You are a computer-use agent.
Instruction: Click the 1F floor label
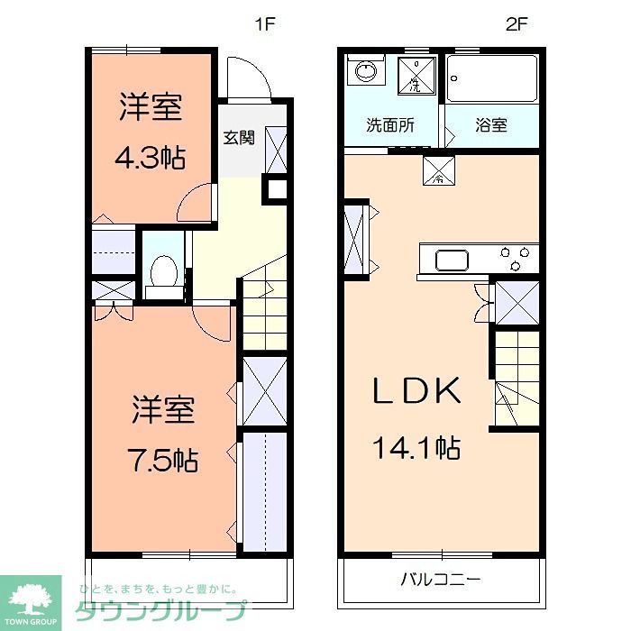(263, 25)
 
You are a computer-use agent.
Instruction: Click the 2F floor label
(516, 25)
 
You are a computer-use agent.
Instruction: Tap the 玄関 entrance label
(239, 138)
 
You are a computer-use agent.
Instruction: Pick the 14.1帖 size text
(417, 446)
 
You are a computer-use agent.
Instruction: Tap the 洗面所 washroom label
(390, 125)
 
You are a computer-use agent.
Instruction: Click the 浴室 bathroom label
(491, 125)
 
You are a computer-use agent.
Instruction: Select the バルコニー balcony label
(441, 579)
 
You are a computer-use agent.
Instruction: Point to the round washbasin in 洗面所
(366, 72)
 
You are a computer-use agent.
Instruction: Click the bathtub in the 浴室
(493, 78)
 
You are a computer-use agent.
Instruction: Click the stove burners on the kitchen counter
(517, 260)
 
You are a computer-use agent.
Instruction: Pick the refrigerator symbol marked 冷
(440, 169)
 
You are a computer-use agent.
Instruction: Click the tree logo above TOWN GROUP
(30, 598)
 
